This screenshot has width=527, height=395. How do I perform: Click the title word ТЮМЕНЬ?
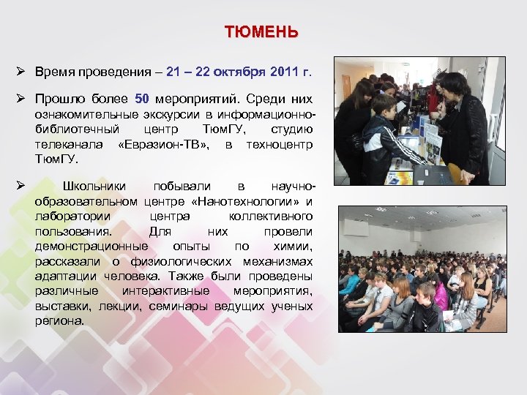coord(261,32)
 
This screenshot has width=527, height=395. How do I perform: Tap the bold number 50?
coord(143,99)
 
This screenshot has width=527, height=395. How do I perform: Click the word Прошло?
coord(60,99)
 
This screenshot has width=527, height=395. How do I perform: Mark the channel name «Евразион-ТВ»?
coord(163,145)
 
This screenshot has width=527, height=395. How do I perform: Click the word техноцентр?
coord(280,145)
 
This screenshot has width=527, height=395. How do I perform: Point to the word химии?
coord(294,246)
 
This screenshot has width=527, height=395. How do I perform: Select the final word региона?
coord(59,320)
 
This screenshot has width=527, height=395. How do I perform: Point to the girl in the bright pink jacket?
coord(440,293)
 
